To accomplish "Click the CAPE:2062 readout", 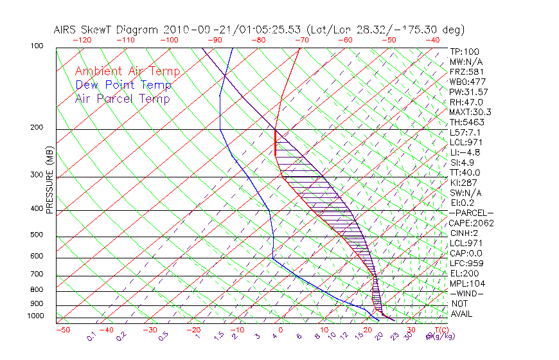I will (x=470, y=223).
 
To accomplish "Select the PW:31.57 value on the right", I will (x=468, y=92).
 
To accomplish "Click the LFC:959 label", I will (x=466, y=264).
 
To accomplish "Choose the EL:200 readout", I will (x=465, y=274).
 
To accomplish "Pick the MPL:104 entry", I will (x=467, y=283).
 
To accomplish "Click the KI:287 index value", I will (x=464, y=183).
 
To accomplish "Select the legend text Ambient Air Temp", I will (x=127, y=72).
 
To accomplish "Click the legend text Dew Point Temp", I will (x=123, y=85).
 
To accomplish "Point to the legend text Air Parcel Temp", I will (x=122, y=99).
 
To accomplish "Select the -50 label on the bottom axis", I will (x=62, y=330).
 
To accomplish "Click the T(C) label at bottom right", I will (x=441, y=330).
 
